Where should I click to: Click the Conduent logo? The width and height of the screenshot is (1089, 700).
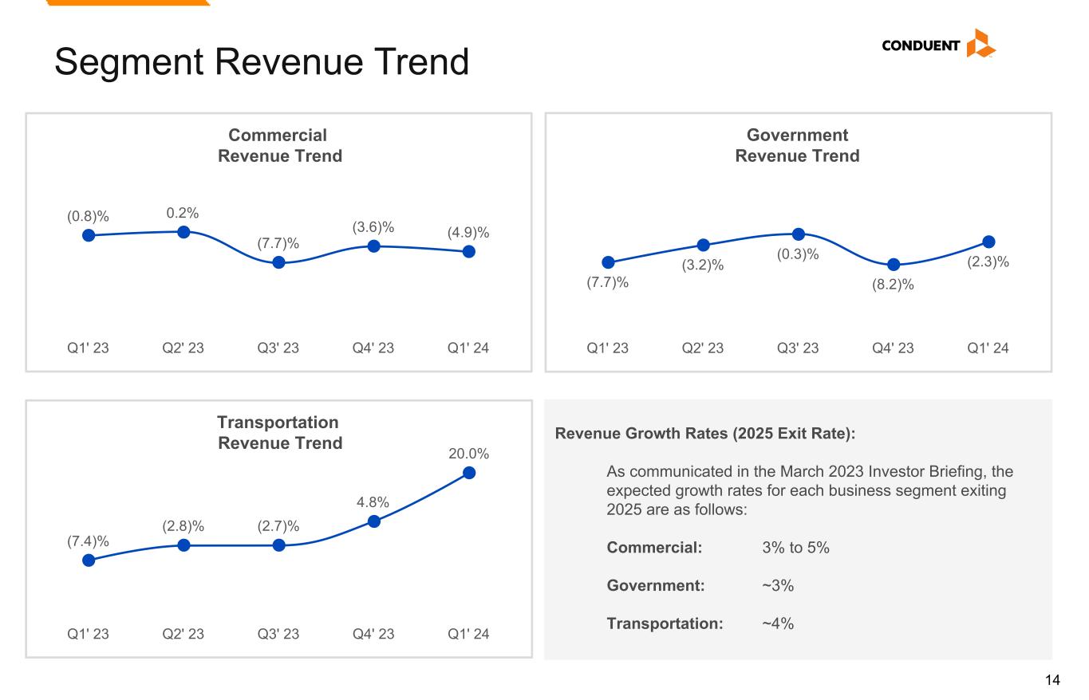[x=938, y=45]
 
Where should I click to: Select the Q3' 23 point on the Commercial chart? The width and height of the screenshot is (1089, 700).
[x=278, y=262]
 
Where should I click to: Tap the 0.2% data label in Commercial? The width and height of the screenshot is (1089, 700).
[x=183, y=213]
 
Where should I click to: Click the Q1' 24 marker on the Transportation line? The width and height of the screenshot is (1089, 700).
[x=469, y=473]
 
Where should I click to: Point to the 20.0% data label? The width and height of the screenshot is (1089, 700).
[x=468, y=454]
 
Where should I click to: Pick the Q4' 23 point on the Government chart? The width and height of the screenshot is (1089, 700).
[x=894, y=265]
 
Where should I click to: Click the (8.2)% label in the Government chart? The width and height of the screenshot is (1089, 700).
[x=894, y=284]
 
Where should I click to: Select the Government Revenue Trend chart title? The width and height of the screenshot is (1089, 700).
[x=797, y=146]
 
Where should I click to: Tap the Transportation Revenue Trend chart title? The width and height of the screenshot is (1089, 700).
[x=279, y=432]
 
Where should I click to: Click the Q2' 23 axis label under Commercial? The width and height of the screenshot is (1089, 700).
[x=183, y=348]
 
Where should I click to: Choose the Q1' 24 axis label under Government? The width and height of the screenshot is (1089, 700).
[x=988, y=348]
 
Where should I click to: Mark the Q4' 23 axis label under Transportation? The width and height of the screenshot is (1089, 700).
[x=373, y=635]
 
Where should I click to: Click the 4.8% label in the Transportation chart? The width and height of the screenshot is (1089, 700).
[x=373, y=502]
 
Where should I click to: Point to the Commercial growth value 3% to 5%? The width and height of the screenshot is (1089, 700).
[x=795, y=549]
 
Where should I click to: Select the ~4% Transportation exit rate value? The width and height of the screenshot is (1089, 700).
[x=778, y=623]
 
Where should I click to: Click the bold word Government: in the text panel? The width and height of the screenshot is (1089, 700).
[x=656, y=586]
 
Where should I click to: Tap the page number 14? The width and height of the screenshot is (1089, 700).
[x=1052, y=680]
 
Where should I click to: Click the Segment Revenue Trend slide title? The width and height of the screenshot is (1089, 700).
[x=261, y=61]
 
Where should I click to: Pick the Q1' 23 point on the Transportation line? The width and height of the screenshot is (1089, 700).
[x=89, y=560]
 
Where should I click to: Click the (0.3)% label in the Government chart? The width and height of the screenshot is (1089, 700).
[x=799, y=254]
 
